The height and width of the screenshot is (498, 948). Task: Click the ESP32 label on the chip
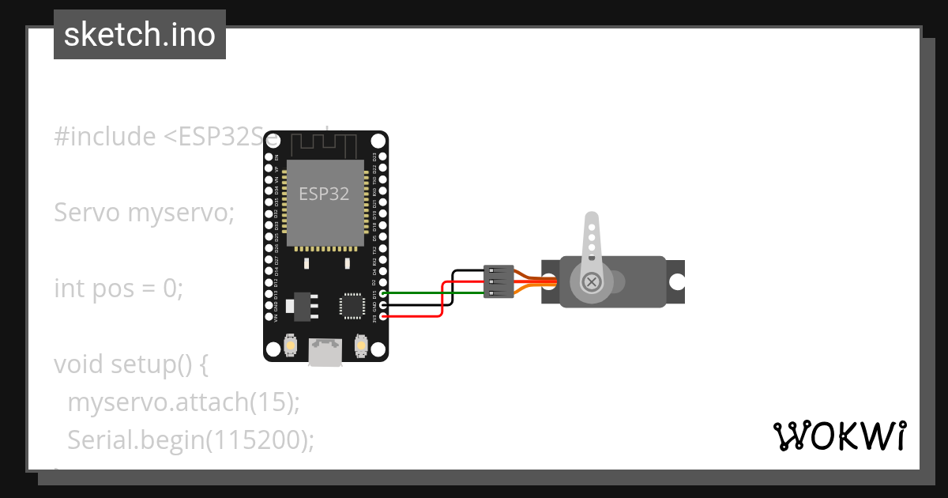coord(324,194)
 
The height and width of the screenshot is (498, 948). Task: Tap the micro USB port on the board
coord(325,352)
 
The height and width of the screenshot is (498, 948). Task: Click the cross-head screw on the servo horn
coord(591,281)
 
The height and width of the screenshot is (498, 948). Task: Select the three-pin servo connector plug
coord(498,282)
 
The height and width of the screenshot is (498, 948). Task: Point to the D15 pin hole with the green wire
coord(383,293)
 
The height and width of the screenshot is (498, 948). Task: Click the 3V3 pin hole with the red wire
coord(383,316)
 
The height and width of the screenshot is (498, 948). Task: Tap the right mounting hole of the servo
coord(676,281)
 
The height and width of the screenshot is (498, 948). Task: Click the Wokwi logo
coord(839,436)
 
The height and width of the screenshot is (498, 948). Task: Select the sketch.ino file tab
coord(140,35)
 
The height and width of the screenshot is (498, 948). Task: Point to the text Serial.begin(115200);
coord(190,440)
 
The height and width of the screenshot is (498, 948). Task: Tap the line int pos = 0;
coord(118,289)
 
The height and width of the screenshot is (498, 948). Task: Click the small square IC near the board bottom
coord(351,305)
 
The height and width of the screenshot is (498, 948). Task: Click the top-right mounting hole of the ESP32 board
coord(378,141)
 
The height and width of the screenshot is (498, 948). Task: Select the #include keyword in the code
coord(105,137)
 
